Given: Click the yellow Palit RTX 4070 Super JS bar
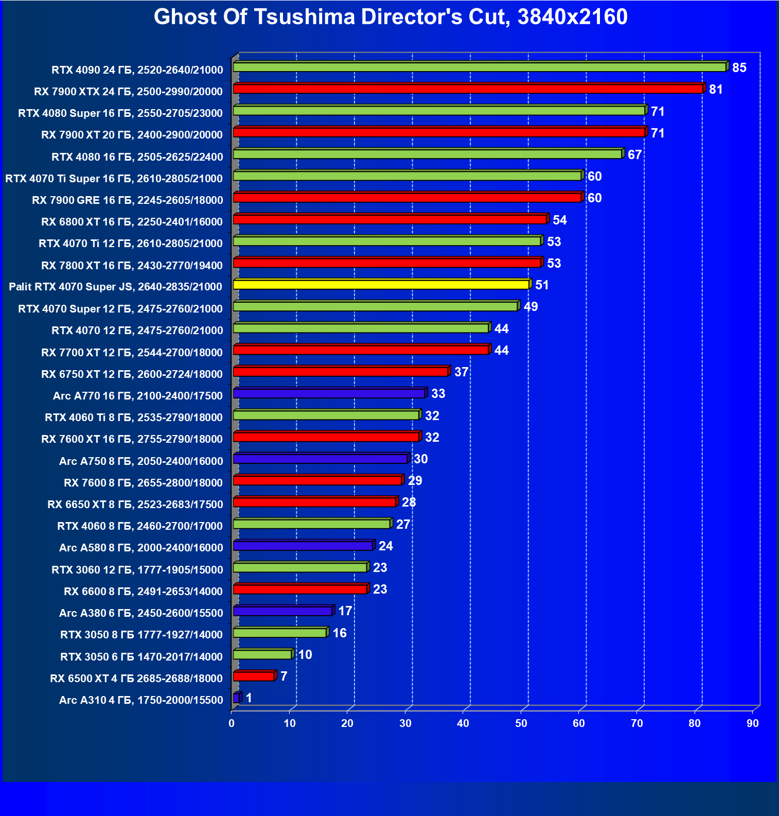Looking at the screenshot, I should [381, 285].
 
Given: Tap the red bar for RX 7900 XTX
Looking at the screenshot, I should [468, 89].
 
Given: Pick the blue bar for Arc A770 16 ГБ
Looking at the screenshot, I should [329, 393].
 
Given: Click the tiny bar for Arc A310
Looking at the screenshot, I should [236, 698].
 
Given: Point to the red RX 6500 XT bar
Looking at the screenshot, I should [254, 676].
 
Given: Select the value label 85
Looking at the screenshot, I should [739, 68].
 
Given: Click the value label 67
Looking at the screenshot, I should [635, 155].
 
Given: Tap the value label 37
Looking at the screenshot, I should [462, 372].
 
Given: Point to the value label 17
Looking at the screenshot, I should [345, 611].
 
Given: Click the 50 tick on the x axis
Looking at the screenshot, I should [521, 723].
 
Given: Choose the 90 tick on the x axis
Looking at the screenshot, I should [753, 723].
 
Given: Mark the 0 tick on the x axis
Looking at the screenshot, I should [232, 723].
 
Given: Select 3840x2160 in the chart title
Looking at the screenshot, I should [573, 17].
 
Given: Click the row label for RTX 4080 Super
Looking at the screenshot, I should [120, 113].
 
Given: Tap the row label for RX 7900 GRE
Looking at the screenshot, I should [128, 200].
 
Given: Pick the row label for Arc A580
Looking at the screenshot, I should [141, 548].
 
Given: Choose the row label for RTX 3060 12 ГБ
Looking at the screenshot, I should [137, 570].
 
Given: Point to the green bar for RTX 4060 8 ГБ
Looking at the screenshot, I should [312, 524].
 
